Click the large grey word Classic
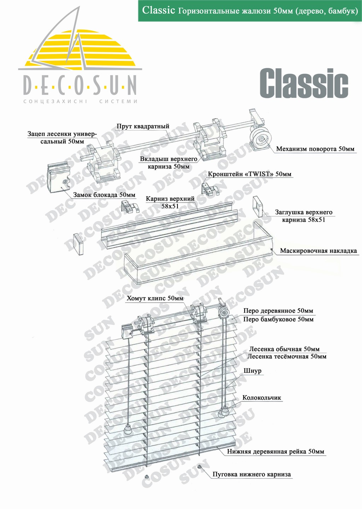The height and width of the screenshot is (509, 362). (304, 84)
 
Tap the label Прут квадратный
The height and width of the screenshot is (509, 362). (143, 127)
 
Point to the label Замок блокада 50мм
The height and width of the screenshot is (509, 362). (104, 195)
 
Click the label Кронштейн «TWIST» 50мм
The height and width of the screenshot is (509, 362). (250, 174)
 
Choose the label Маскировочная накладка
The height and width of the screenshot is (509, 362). (318, 251)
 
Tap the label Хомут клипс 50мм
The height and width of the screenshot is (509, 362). (155, 298)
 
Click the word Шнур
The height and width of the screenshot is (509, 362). (252, 371)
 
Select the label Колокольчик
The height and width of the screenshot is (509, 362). (262, 398)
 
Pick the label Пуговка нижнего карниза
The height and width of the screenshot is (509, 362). (251, 474)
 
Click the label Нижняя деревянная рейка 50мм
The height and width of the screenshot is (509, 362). (275, 451)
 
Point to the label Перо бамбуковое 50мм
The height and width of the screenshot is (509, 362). (278, 319)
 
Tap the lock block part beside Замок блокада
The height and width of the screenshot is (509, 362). (59, 179)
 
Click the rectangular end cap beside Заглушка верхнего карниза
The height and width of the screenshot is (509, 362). (258, 206)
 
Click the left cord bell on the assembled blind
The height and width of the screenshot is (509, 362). (128, 429)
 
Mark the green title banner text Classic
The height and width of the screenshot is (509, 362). (158, 10)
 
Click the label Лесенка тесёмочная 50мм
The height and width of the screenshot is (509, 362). (286, 356)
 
